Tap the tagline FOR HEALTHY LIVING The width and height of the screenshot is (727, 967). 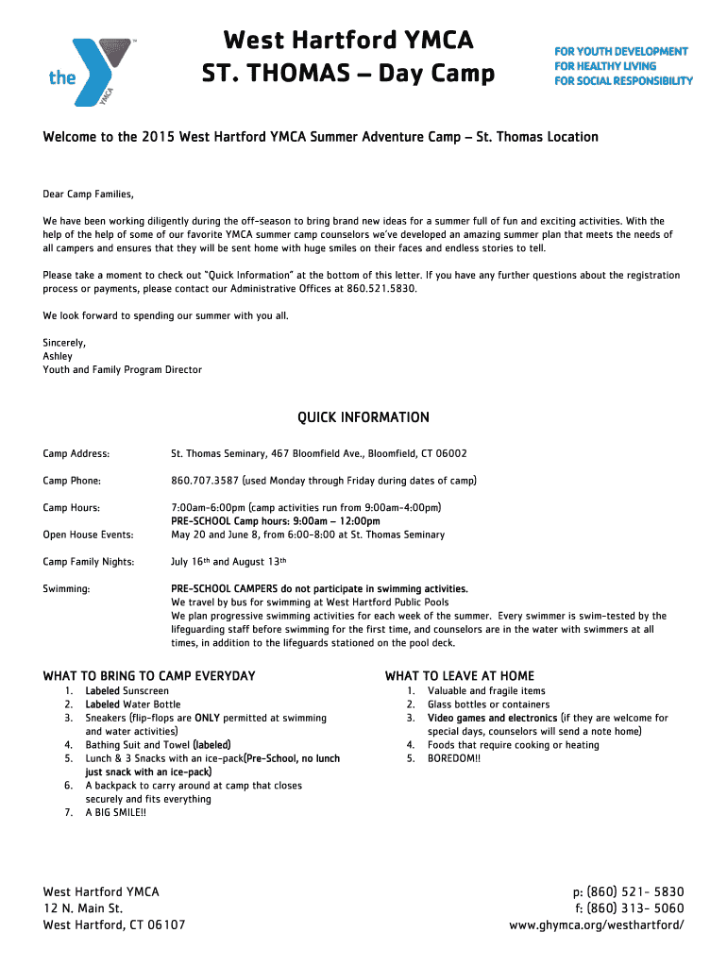(605, 66)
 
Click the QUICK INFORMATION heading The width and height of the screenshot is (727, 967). (363, 417)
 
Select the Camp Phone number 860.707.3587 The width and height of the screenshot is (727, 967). (204, 481)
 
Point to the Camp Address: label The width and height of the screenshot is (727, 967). (76, 453)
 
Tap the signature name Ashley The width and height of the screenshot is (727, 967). (58, 356)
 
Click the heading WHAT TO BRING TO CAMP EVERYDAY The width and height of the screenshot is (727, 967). (149, 676)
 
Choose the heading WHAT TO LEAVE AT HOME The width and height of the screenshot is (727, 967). (460, 676)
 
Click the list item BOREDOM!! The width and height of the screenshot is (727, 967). (454, 758)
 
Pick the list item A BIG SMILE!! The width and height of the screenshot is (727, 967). (116, 812)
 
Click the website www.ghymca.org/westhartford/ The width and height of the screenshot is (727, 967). (597, 925)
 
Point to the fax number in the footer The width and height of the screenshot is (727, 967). (628, 908)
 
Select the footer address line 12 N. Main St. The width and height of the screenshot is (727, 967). (91, 908)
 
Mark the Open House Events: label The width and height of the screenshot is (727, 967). (88, 534)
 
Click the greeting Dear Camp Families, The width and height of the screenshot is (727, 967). (89, 195)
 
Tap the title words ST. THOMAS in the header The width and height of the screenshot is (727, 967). (270, 73)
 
